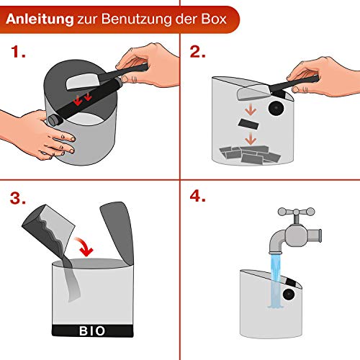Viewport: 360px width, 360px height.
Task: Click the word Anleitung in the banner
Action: click(x=40, y=19)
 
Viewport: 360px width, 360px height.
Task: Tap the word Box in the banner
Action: click(x=214, y=19)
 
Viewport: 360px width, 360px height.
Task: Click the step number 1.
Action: click(x=18, y=52)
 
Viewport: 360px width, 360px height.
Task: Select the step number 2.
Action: click(x=197, y=52)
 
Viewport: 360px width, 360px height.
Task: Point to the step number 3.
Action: click(x=18, y=198)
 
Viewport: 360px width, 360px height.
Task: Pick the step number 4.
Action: click(x=197, y=196)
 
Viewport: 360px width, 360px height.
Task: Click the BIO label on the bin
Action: click(x=92, y=331)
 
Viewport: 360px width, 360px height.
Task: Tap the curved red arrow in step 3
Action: click(x=84, y=246)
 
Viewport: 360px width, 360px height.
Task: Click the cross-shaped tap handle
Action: click(x=297, y=212)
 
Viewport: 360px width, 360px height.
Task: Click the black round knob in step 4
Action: click(x=289, y=294)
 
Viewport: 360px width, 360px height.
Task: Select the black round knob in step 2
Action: click(x=276, y=108)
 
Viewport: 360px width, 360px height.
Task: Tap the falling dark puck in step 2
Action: click(x=248, y=124)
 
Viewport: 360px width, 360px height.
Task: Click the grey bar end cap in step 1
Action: click(x=55, y=120)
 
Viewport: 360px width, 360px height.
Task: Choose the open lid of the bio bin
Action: click(x=118, y=233)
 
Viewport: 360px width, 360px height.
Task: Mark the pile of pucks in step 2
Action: click(x=250, y=154)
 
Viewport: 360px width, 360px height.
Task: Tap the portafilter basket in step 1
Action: click(x=83, y=81)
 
